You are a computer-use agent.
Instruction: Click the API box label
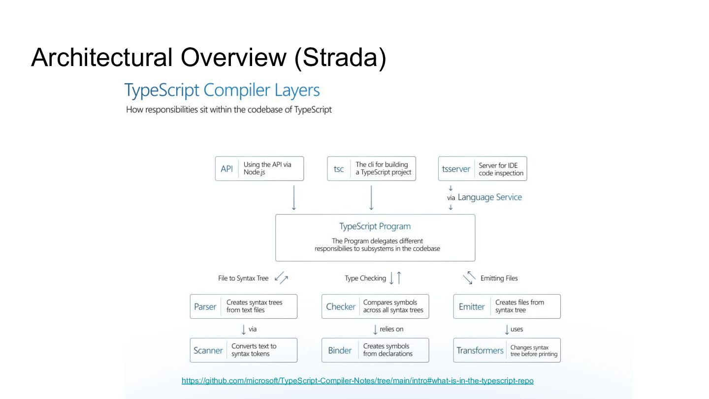pos(226,169)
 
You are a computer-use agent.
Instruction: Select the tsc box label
pos(339,169)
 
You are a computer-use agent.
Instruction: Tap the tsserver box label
pos(456,169)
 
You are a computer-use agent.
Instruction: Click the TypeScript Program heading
pos(375,226)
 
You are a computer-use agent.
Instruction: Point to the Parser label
pos(205,306)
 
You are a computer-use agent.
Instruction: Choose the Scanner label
pos(208,350)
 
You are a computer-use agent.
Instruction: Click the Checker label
pos(341,306)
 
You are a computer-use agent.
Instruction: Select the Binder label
pos(340,350)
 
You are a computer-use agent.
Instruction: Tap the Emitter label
pos(472,306)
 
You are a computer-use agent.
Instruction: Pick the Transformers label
pos(480,350)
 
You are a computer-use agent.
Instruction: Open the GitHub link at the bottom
pos(357,380)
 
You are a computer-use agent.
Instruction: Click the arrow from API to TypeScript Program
pos(294,198)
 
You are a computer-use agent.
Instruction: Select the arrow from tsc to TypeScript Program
pos(371,198)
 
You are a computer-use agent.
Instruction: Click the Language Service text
pos(489,197)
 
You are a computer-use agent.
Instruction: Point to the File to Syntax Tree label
pos(243,278)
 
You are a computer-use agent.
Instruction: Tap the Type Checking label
pos(365,278)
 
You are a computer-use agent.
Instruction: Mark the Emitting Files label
pos(499,278)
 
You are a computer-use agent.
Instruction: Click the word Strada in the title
pos(340,57)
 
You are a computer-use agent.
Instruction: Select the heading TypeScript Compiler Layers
pos(222,90)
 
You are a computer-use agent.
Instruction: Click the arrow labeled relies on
pos(375,330)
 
